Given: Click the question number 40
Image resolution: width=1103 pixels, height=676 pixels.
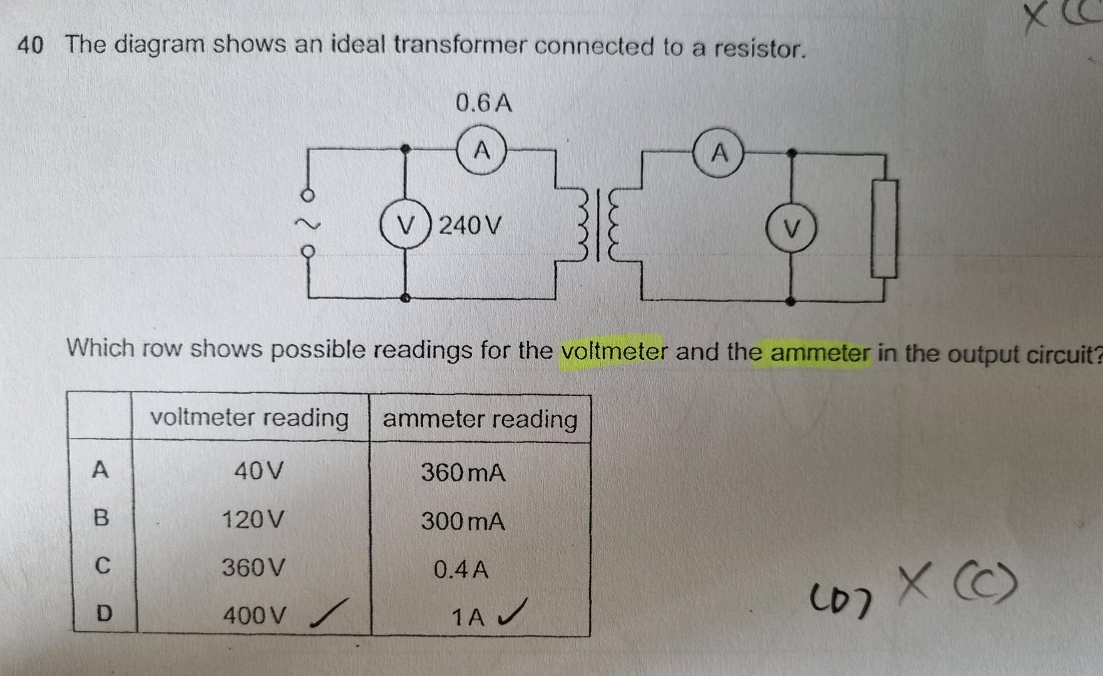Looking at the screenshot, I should tap(30, 46).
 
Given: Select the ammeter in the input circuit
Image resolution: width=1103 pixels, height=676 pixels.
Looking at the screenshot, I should tap(481, 151).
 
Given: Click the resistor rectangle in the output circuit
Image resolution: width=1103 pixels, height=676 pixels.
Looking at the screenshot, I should tap(885, 228).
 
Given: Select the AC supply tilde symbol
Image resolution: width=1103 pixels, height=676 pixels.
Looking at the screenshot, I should tap(307, 225).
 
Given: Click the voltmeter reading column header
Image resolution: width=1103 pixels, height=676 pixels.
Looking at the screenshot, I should tap(249, 417).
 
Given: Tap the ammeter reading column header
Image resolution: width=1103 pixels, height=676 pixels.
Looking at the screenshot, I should tap(480, 419).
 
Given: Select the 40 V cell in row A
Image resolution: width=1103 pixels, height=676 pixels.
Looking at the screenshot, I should tap(259, 470).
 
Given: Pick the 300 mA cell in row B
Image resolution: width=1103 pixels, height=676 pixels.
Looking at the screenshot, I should tap(463, 521).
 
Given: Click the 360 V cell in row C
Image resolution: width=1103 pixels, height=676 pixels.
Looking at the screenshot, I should tap(254, 568).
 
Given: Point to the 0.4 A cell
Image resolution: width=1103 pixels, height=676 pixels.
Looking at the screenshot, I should tap(461, 570).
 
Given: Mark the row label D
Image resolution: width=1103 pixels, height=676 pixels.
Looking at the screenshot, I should tap(103, 613).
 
